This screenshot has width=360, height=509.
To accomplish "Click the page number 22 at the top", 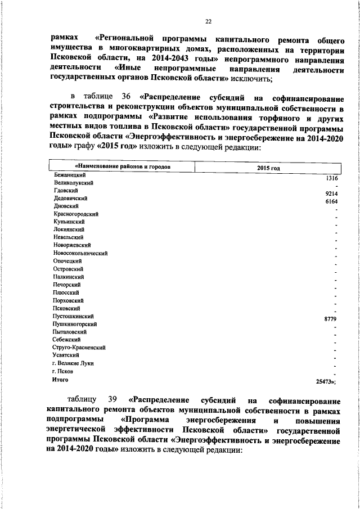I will (x=208, y=22).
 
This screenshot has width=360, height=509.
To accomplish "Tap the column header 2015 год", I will (x=269, y=168).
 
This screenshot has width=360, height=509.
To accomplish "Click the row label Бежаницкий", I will (x=66, y=175).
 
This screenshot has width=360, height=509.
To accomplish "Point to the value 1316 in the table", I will (x=331, y=178).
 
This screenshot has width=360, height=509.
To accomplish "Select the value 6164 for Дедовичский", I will (x=331, y=201).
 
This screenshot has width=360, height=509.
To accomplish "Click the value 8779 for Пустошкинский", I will (x=330, y=319).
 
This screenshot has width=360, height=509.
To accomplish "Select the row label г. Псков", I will (x=62, y=372).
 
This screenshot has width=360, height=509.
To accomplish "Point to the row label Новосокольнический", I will (x=80, y=254).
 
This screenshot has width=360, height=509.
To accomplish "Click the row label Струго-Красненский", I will (x=79, y=348).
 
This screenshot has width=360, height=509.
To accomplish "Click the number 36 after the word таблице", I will (x=127, y=93).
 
